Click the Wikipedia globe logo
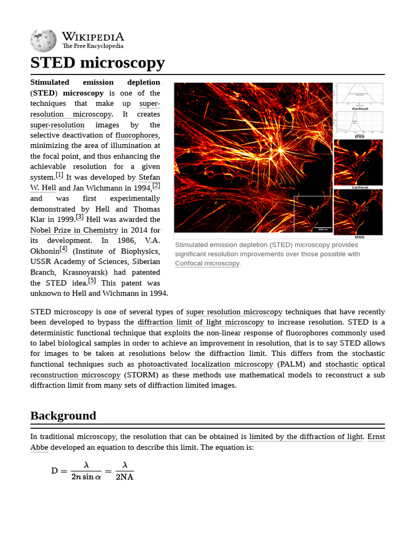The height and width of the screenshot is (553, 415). (x=43, y=41)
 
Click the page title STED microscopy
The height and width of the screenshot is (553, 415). (x=97, y=63)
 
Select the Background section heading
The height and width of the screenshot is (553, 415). (x=63, y=416)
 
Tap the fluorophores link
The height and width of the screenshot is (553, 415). (x=137, y=135)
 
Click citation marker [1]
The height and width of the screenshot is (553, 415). (x=59, y=175)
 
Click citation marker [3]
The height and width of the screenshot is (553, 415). (x=80, y=217)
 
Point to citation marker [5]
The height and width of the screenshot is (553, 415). (x=92, y=281)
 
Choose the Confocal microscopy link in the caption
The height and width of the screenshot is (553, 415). (x=207, y=264)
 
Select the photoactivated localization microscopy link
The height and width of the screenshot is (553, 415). (x=205, y=364)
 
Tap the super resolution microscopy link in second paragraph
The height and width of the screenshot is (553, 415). (x=234, y=312)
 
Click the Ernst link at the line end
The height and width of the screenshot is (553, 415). (x=376, y=436)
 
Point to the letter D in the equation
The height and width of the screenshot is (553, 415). (x=55, y=470)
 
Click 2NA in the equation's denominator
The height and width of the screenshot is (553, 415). (x=125, y=477)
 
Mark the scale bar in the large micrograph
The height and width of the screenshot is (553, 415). (x=323, y=227)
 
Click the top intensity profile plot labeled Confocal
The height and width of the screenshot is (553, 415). (x=359, y=94)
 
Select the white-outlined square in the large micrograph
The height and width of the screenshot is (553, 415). (x=313, y=214)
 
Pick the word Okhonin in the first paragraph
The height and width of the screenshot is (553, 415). (x=44, y=251)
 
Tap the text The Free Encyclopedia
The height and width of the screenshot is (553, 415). (x=93, y=46)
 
